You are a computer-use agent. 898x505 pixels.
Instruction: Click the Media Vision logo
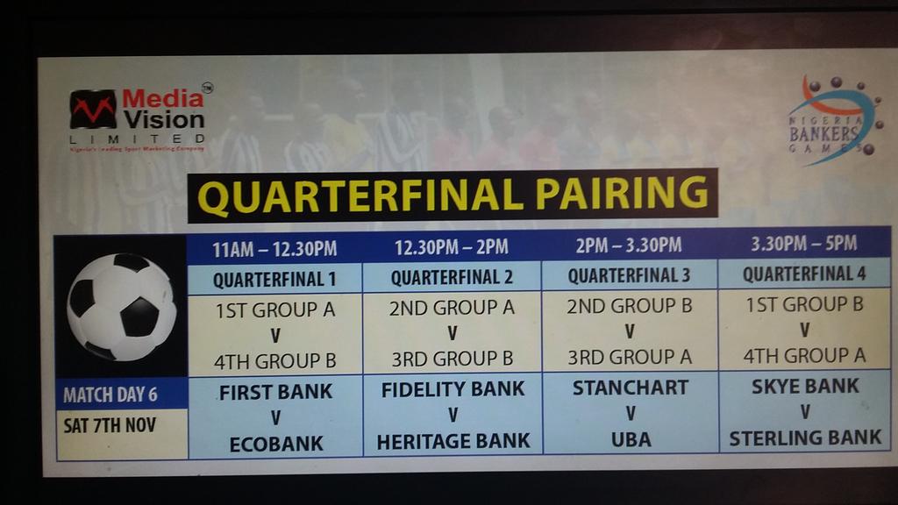click(x=138, y=117)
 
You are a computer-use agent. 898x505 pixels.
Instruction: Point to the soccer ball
click(x=121, y=307)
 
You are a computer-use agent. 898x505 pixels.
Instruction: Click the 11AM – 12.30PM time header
click(x=274, y=249)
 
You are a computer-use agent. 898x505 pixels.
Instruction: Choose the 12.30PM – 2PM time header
click(x=452, y=247)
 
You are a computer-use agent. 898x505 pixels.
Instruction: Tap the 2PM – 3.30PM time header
click(x=629, y=245)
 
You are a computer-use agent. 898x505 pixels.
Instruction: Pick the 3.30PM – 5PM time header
click(x=804, y=243)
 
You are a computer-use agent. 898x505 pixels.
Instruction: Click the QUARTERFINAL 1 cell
click(x=274, y=280)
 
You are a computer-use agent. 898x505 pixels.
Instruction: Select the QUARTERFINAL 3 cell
click(x=629, y=275)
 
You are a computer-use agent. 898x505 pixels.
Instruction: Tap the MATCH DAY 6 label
click(x=110, y=395)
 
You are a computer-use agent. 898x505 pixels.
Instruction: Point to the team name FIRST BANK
click(x=275, y=392)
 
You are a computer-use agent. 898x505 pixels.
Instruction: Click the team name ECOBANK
click(x=275, y=444)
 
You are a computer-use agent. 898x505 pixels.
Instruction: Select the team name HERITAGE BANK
click(x=453, y=441)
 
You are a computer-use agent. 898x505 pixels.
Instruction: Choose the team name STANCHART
click(x=630, y=388)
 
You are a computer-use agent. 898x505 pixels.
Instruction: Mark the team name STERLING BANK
click(x=805, y=437)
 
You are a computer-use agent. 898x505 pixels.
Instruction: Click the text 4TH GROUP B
click(x=275, y=360)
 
